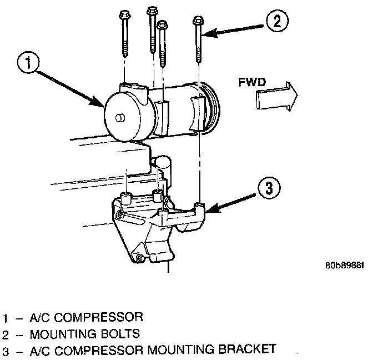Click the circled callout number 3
[x=268, y=188]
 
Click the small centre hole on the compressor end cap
[x=118, y=117]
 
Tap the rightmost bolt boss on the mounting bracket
[x=200, y=209]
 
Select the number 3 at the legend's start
[x=6, y=351]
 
